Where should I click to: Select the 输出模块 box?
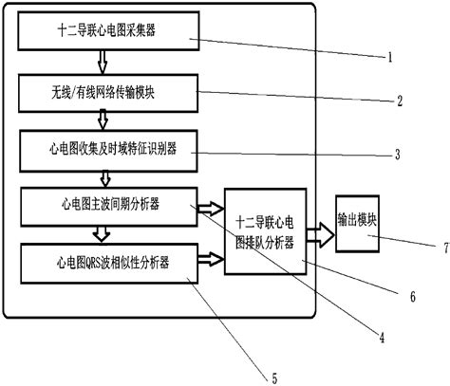point(362,220)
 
